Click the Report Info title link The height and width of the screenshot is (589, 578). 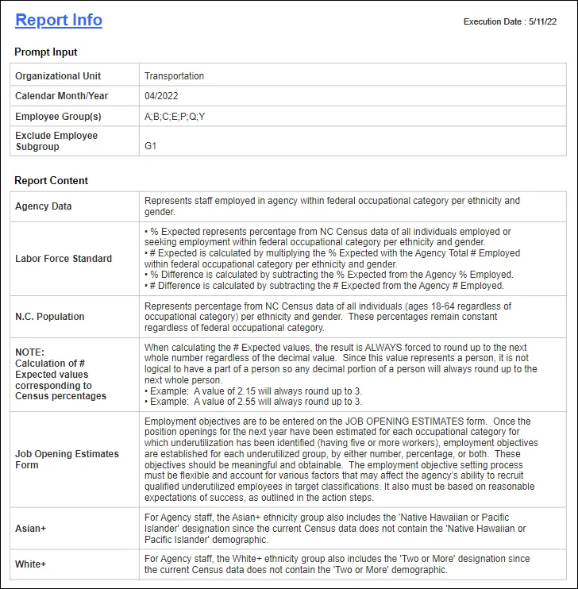(x=59, y=20)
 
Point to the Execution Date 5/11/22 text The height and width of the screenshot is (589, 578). (x=510, y=21)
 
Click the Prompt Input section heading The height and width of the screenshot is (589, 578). (x=46, y=52)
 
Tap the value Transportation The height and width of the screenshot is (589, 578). (x=174, y=76)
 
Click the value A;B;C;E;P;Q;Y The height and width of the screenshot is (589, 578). (x=175, y=117)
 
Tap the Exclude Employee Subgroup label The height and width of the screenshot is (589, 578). (x=56, y=141)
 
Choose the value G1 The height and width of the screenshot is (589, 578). (x=151, y=146)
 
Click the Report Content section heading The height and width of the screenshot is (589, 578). (x=52, y=181)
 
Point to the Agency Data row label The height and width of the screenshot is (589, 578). (x=44, y=206)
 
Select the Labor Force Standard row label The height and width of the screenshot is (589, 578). (x=64, y=258)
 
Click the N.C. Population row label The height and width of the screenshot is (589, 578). (x=50, y=316)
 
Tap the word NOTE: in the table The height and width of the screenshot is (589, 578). (x=30, y=352)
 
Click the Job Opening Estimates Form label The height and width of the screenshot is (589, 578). (x=67, y=459)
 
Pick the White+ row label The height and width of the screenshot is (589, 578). (x=31, y=564)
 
